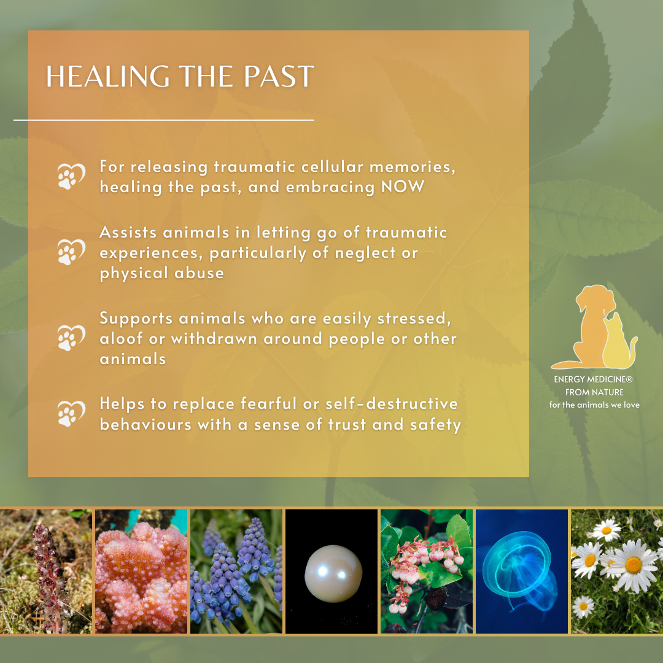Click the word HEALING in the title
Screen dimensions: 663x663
108,77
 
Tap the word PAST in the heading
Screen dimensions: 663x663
279,77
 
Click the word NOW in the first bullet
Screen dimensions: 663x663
403,187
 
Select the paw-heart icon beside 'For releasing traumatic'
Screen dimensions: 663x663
71,176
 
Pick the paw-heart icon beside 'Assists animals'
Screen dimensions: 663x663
71,252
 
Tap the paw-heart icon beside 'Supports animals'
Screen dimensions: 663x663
71,338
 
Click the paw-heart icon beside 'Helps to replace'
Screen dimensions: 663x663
71,414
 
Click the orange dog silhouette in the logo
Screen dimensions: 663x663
591,325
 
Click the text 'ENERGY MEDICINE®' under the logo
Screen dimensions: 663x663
593,379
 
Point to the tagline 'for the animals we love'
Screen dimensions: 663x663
594,405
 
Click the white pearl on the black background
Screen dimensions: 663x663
333,573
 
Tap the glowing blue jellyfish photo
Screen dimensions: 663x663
522,572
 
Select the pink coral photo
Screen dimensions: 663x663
141,572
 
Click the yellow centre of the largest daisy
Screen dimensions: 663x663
634,565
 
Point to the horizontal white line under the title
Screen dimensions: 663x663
164,120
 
